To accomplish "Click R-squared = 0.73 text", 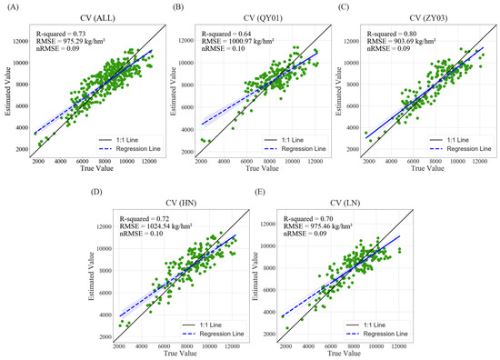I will click(62, 32).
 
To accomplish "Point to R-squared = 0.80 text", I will click(390, 32).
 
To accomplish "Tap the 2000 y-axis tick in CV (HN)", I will click(104, 336).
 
